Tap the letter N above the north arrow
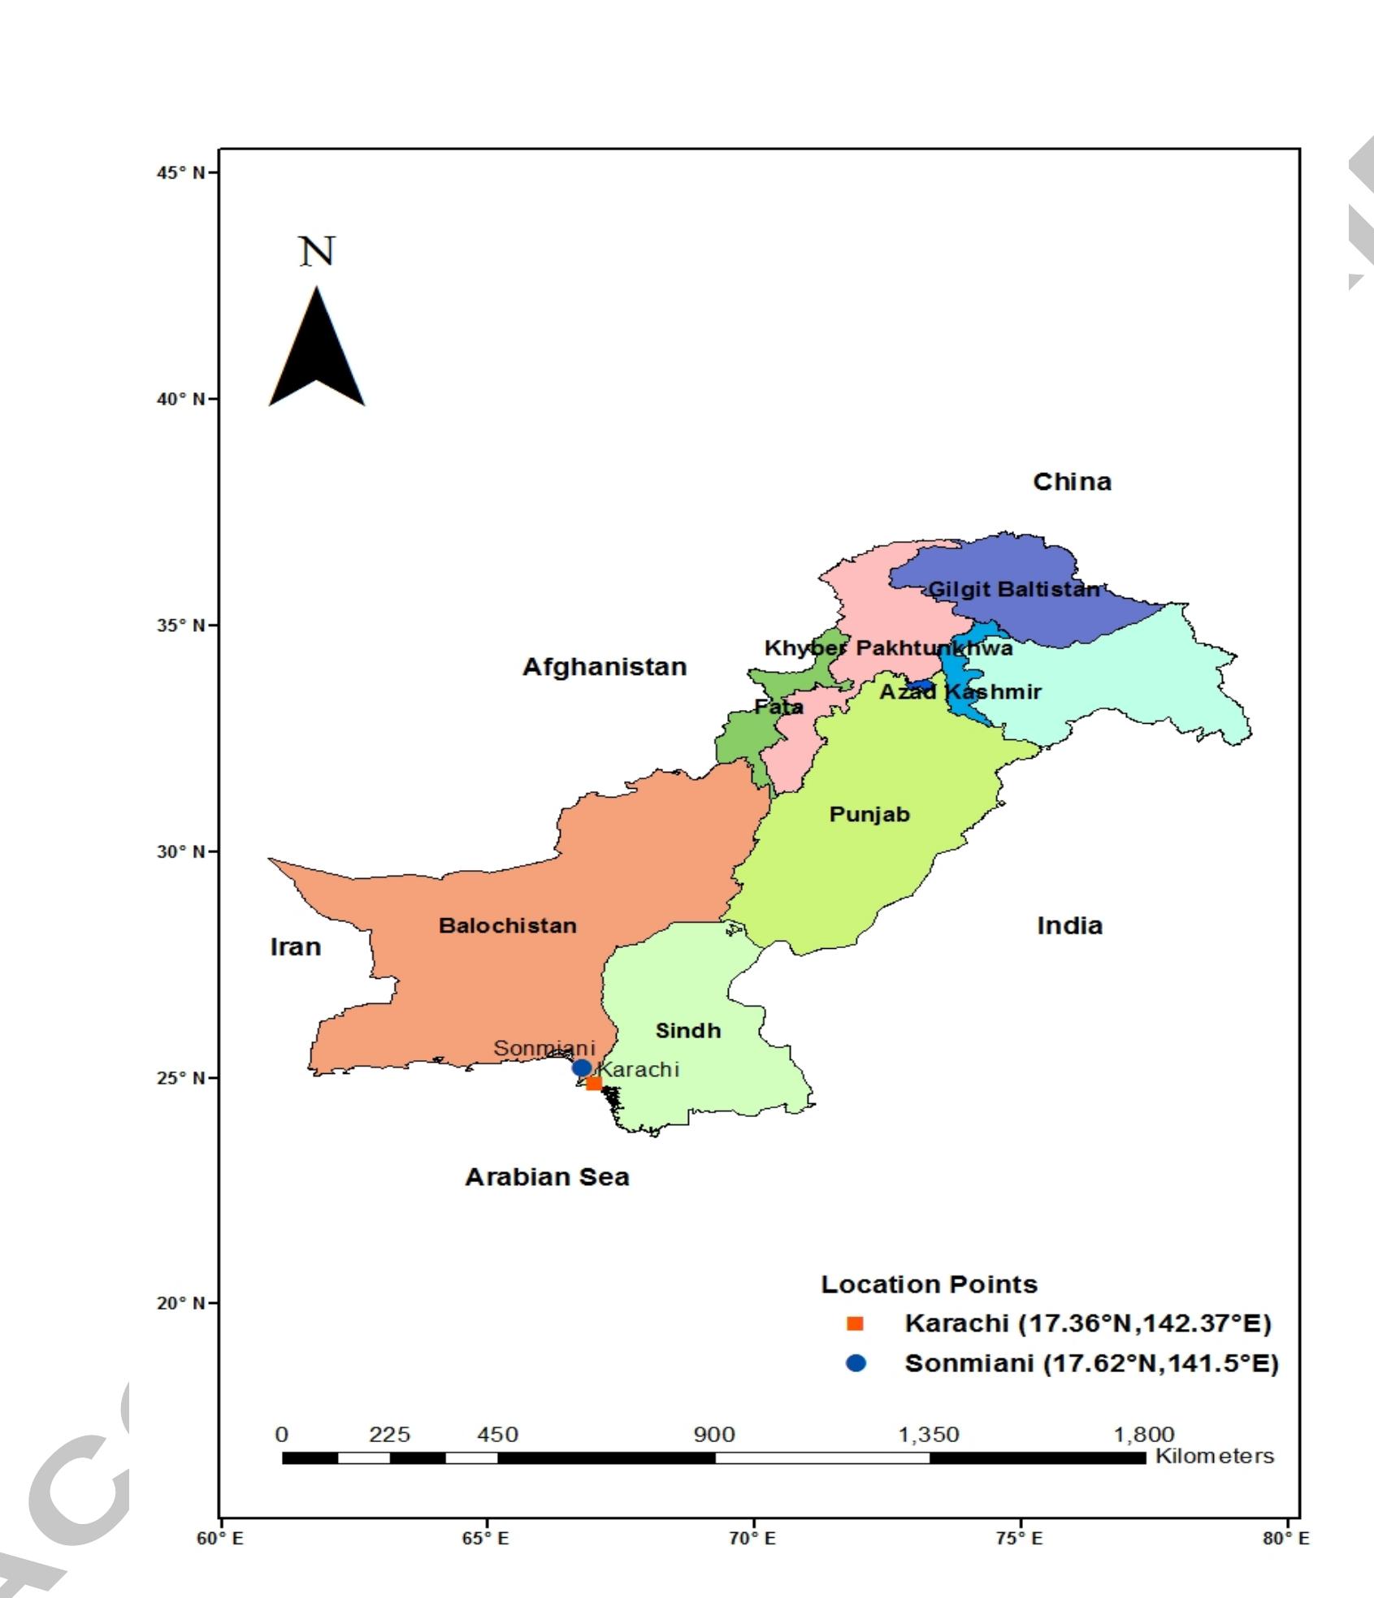click(x=317, y=251)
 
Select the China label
click(x=1072, y=482)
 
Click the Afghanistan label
click(x=605, y=667)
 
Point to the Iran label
click(x=295, y=947)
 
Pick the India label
click(x=1069, y=925)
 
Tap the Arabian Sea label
click(x=547, y=1177)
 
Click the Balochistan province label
click(x=507, y=925)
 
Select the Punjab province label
click(x=869, y=814)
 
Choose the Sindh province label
click(x=687, y=1031)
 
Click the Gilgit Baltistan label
click(x=1013, y=589)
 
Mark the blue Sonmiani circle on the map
click(x=582, y=1067)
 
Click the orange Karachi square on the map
click(x=594, y=1083)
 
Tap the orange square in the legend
click(x=854, y=1323)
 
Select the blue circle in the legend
click(x=855, y=1363)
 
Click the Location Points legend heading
click(x=929, y=1284)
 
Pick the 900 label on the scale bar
click(x=713, y=1436)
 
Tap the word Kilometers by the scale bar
click(x=1214, y=1456)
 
